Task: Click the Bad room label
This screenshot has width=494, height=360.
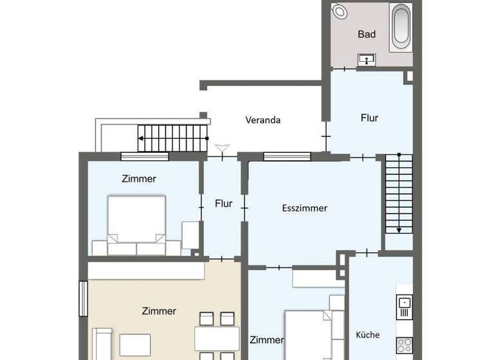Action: click(367, 34)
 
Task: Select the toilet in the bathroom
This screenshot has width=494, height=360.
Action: click(339, 11)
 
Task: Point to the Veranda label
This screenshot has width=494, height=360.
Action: click(263, 120)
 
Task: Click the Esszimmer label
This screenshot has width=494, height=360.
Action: click(304, 208)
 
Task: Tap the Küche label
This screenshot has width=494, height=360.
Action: click(367, 335)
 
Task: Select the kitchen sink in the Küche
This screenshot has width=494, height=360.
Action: click(404, 303)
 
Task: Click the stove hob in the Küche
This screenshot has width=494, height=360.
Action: click(404, 345)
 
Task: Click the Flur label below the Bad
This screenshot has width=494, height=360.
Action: click(369, 118)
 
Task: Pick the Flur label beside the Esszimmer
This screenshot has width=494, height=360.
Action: click(223, 204)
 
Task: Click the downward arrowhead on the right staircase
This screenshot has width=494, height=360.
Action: click(399, 229)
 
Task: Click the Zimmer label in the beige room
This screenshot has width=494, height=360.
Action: click(158, 311)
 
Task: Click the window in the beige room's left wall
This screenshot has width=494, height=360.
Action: click(82, 299)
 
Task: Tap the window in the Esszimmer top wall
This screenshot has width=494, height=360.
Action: click(287, 156)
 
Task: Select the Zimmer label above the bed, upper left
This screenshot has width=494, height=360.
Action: click(138, 179)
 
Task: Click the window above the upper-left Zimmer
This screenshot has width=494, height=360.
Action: click(145, 156)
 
